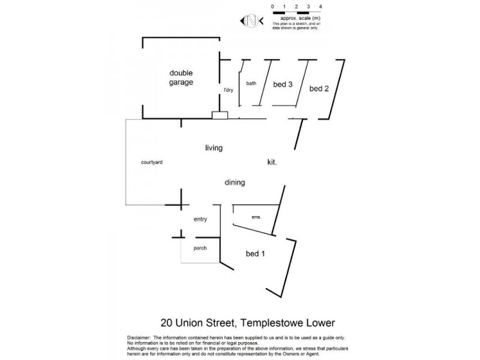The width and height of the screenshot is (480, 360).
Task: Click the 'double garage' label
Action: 181,77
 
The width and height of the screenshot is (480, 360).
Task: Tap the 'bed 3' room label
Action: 283,85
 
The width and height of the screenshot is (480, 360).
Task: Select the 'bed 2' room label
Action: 319,89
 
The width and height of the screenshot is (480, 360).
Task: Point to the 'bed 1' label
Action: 256,254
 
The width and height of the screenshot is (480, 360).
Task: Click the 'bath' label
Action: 251,83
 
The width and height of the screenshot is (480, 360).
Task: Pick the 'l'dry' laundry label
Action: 228,91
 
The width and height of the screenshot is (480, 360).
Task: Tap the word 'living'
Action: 214,148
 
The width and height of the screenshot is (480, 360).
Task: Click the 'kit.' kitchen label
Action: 272,162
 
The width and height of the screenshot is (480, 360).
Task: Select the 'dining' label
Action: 235,183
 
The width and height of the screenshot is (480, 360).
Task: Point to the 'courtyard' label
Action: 152,162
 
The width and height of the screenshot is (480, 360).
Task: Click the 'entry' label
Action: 200,220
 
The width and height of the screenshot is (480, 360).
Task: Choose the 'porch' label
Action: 200,248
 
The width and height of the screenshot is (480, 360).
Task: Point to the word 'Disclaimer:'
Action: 140,338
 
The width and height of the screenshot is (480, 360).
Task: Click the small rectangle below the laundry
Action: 220,115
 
